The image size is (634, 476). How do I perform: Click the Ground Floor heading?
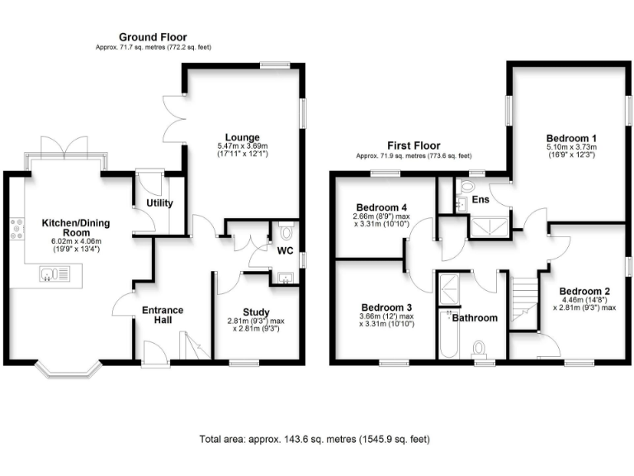(153, 37)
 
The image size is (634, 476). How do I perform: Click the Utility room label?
(158, 202)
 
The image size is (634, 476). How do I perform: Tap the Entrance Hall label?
(163, 316)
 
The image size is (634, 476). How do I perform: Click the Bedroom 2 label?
(584, 291)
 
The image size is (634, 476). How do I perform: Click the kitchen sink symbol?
(55, 272)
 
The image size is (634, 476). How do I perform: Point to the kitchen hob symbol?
(14, 228)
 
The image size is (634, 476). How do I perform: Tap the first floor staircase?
(523, 301)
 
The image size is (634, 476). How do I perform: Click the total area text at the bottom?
(315, 440)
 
